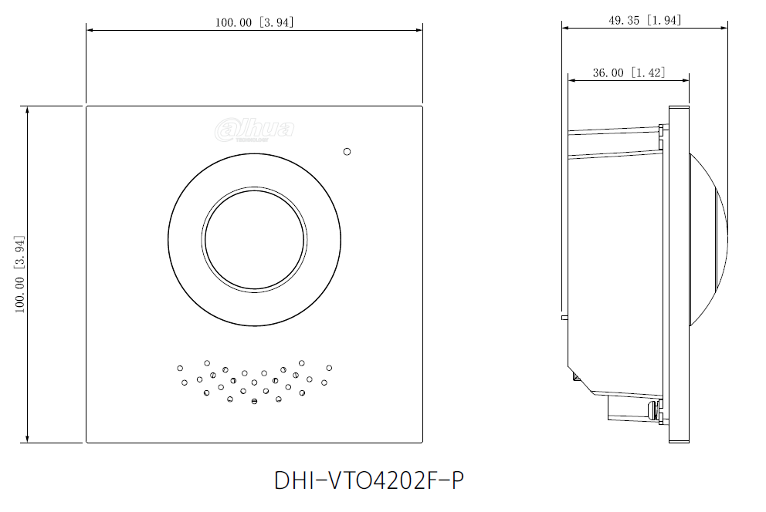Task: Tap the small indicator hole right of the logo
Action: click(347, 152)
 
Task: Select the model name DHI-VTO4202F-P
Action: click(369, 480)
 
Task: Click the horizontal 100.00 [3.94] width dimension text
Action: click(254, 22)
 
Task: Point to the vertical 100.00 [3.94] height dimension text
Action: click(21, 274)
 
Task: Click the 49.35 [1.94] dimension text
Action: click(645, 20)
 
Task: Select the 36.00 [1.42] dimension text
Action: click(629, 72)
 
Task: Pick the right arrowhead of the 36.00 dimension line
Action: click(686, 79)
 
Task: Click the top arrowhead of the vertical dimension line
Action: click(28, 109)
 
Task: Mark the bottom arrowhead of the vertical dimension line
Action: click(28, 440)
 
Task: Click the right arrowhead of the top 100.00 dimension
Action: click(419, 30)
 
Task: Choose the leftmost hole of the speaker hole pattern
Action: click(180, 369)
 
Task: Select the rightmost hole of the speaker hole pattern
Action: click(329, 368)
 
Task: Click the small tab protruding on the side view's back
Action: click(564, 316)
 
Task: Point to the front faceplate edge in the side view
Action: click(678, 274)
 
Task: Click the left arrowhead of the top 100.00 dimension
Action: click(90, 30)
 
